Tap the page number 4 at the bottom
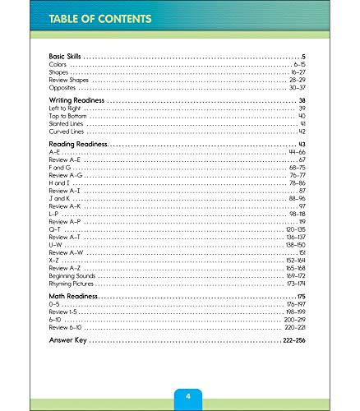pyautogui.click(x=187, y=398)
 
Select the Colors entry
pyautogui.click(x=58, y=63)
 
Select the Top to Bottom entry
pyautogui.click(x=66, y=116)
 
